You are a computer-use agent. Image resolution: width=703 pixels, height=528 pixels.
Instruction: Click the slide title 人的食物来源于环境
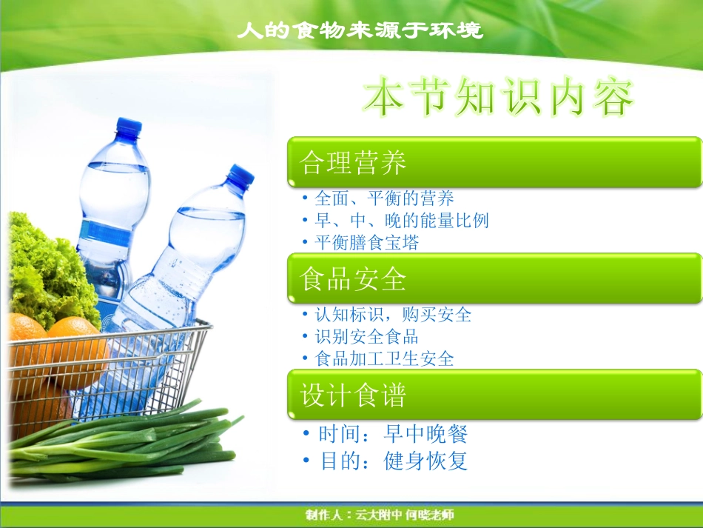click(x=360, y=30)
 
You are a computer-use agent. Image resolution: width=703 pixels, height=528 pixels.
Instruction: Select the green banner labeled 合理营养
click(x=494, y=162)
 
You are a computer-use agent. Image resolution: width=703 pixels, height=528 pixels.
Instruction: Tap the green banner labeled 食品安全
click(x=494, y=278)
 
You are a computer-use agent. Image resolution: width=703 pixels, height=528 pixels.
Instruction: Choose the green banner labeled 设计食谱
click(x=494, y=395)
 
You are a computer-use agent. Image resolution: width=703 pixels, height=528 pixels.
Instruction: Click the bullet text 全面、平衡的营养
click(x=384, y=198)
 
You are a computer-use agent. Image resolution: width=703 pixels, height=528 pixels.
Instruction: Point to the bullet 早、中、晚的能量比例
click(x=401, y=221)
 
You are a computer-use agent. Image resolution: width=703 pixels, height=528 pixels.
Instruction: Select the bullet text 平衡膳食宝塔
click(x=366, y=243)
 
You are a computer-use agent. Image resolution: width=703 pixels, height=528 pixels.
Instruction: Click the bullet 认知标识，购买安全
click(x=393, y=315)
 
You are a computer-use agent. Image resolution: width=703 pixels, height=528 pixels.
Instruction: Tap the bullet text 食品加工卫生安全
click(x=384, y=359)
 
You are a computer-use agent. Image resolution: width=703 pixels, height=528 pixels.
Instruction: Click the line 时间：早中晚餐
click(x=393, y=434)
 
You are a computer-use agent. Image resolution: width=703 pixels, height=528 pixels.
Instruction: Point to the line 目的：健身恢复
click(x=393, y=461)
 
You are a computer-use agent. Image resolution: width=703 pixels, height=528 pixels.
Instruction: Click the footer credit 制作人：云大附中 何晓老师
click(x=380, y=515)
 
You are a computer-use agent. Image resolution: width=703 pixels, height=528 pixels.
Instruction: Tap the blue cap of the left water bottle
click(x=128, y=127)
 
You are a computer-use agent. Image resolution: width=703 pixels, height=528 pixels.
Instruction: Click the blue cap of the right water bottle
click(x=240, y=176)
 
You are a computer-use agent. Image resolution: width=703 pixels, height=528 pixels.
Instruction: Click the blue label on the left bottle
click(x=105, y=233)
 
